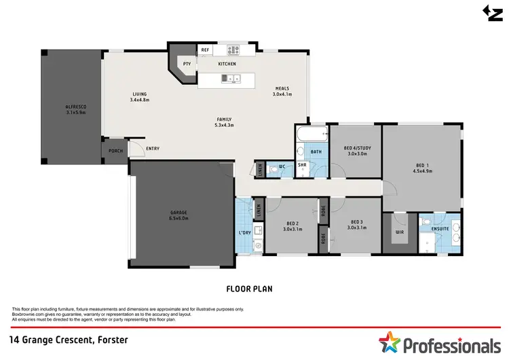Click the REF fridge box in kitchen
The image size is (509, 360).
click(x=205, y=50)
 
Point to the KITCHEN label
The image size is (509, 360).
click(x=227, y=64)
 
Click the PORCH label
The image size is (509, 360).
click(x=115, y=150)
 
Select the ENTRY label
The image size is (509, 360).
click(x=153, y=149)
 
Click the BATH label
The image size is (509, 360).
click(x=316, y=152)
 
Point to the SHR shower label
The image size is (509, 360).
click(x=302, y=164)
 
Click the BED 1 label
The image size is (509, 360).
click(x=423, y=168)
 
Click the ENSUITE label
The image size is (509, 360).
click(x=441, y=230)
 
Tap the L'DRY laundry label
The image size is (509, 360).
click(x=245, y=233)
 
